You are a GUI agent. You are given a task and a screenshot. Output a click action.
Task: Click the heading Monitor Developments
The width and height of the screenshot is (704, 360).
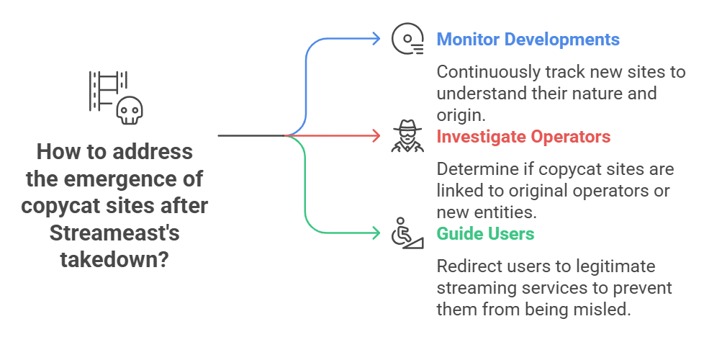coord(528,40)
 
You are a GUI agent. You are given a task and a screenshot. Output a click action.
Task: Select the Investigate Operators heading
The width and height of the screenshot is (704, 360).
coord(523,137)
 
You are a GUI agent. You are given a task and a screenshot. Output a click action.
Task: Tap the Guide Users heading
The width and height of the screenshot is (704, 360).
coord(485,234)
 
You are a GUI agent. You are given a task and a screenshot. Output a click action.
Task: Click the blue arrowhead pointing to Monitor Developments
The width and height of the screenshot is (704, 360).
coord(376,39)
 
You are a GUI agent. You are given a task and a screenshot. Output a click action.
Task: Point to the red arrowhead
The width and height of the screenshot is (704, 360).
coord(376,135)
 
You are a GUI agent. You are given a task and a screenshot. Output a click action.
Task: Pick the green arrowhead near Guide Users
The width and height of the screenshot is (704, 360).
coord(376,233)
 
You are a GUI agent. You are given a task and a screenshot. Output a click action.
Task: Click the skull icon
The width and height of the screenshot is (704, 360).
coord(130,110)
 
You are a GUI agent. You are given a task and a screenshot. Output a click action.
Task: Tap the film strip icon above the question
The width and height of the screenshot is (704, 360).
coord(108,91)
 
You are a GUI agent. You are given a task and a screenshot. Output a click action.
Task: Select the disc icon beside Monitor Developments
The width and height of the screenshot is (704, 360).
coord(407,39)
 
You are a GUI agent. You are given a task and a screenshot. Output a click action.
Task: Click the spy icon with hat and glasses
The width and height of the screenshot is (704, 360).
coord(407,136)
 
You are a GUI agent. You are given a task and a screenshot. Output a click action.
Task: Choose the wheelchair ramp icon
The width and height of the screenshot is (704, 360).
coord(407,233)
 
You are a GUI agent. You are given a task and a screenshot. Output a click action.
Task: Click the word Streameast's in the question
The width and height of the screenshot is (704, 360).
coord(114,233)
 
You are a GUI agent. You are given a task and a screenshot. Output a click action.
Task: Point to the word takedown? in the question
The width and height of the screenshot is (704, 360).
coord(114,260)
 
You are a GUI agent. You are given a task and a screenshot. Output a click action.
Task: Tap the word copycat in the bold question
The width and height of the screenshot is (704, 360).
coord(60,206)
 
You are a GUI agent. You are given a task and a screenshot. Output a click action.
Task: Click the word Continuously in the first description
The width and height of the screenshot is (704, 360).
coord(489,73)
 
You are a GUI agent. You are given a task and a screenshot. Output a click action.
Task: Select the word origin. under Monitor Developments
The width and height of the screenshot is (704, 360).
coord(461,116)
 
